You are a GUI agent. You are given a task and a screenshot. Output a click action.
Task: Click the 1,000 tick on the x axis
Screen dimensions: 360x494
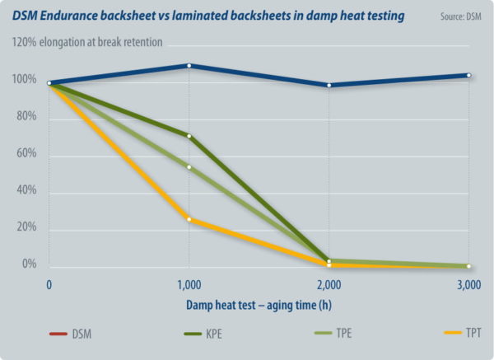pyautogui.click(x=189, y=285)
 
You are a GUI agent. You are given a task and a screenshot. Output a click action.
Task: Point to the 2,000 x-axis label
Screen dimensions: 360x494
pyautogui.click(x=329, y=285)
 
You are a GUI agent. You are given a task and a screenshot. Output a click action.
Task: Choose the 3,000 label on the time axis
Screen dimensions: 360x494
pyautogui.click(x=468, y=285)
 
